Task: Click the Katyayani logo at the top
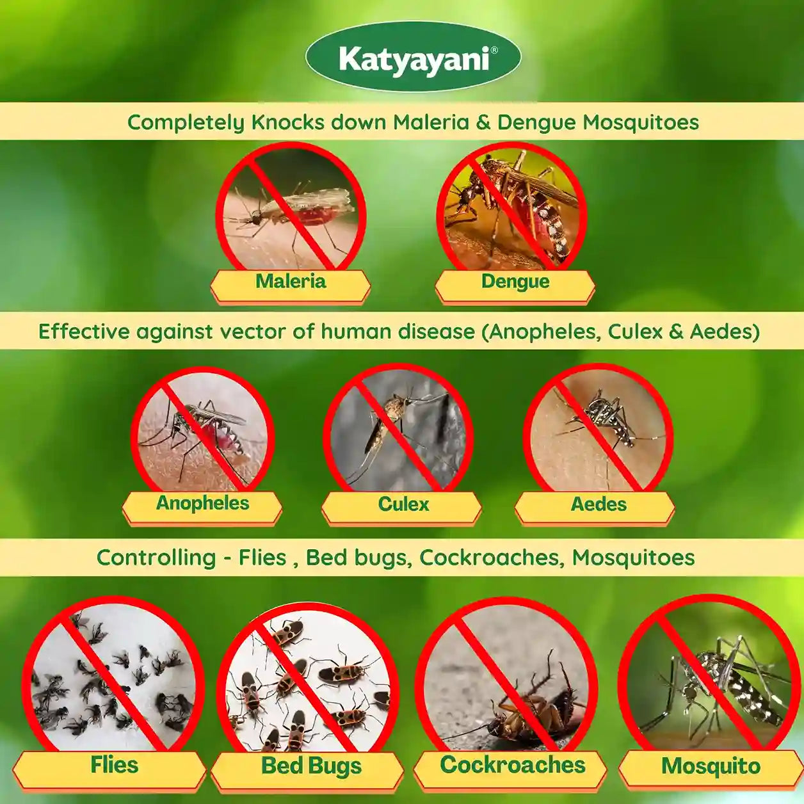click(413, 59)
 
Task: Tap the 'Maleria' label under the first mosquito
click(291, 282)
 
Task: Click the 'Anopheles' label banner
click(202, 504)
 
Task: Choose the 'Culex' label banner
click(403, 505)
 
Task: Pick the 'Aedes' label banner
click(598, 505)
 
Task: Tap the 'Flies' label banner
click(113, 766)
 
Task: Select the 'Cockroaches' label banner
click(512, 766)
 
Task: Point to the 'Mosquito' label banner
click(711, 767)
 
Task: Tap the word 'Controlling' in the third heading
click(156, 558)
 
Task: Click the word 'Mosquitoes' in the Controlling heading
click(632, 558)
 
